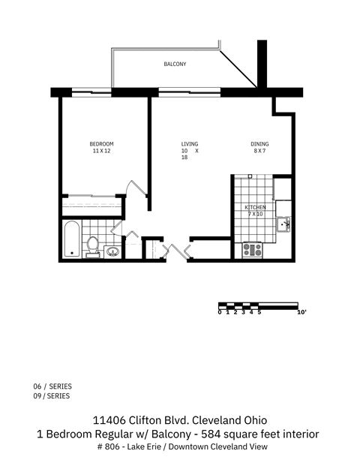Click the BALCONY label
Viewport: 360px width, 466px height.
click(x=175, y=65)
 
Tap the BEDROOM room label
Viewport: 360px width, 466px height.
click(x=101, y=144)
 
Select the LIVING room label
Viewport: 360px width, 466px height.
click(x=189, y=144)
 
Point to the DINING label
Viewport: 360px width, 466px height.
click(x=259, y=144)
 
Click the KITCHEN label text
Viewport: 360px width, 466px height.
click(x=255, y=207)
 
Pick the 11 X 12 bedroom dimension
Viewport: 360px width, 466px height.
click(x=101, y=151)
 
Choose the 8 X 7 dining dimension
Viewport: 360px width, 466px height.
click(x=259, y=151)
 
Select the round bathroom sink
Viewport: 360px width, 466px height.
click(x=112, y=251)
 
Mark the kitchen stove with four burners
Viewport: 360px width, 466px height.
click(x=251, y=249)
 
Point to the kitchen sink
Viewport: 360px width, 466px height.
click(x=284, y=223)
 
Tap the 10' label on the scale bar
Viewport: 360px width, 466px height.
click(x=302, y=312)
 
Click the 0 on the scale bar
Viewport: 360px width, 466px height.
click(x=220, y=312)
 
